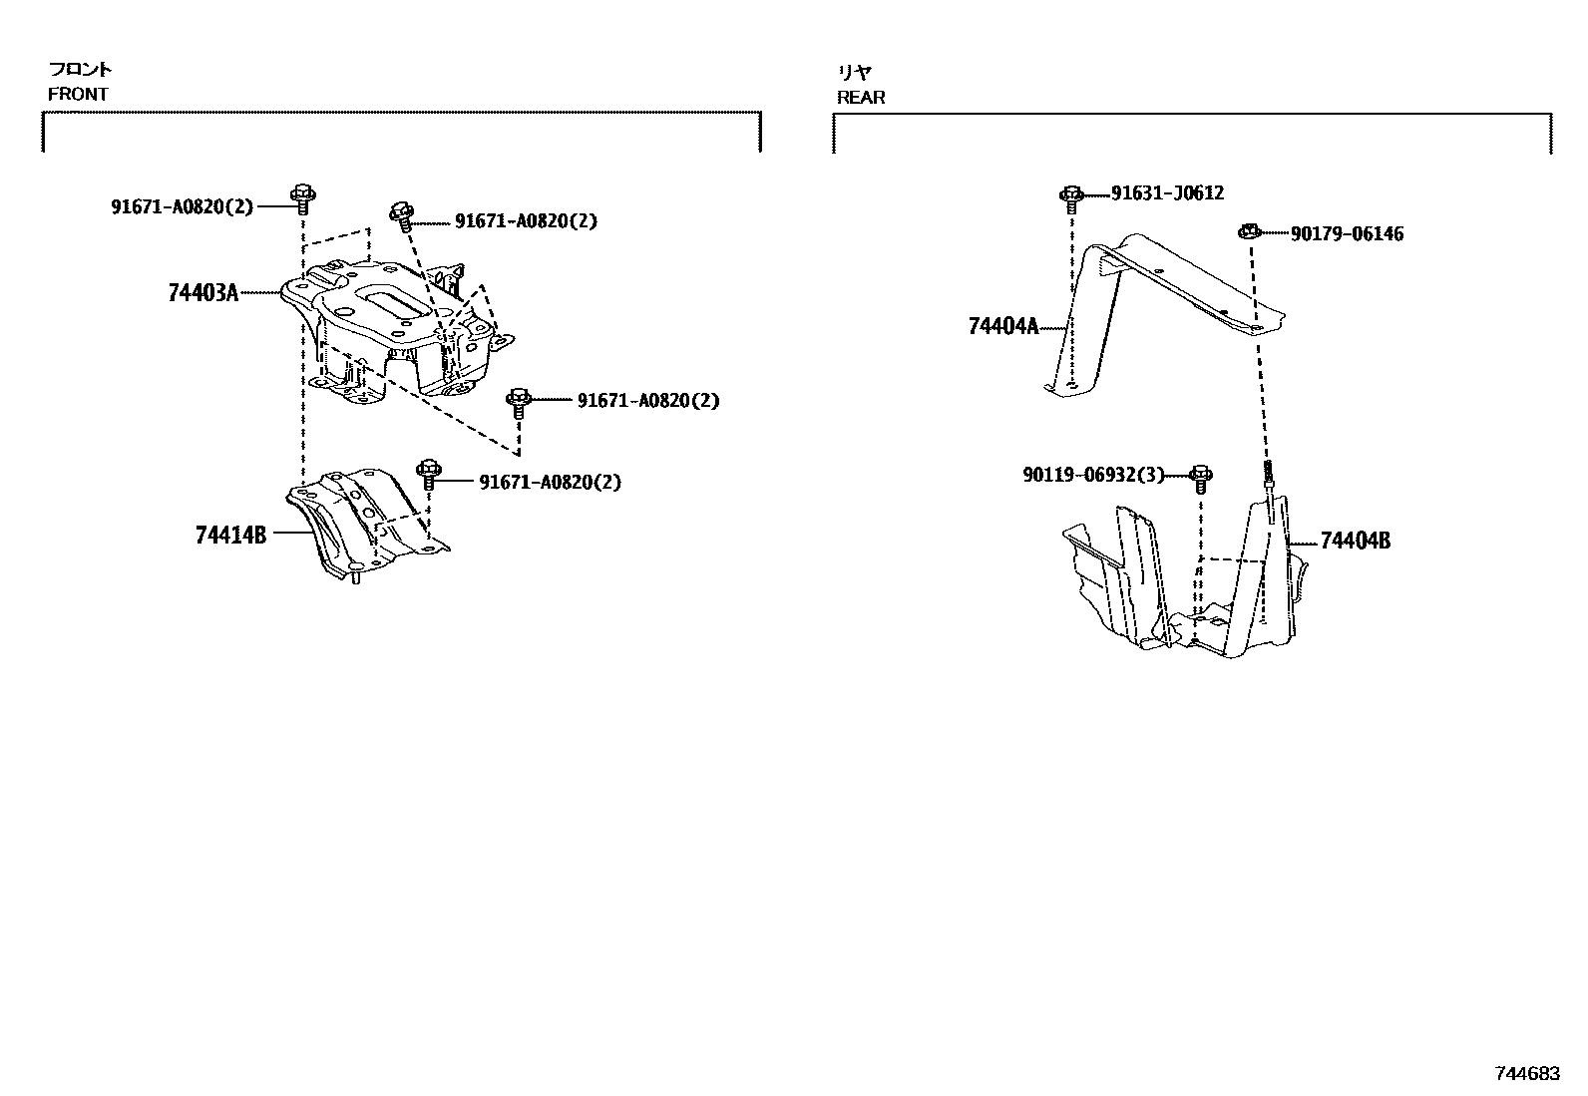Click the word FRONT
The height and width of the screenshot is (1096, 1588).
click(78, 94)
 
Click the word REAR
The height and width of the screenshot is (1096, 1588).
click(861, 98)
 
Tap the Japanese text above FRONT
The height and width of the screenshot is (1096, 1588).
click(80, 70)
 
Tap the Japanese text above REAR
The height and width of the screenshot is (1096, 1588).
click(854, 72)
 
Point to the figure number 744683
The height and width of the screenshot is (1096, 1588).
click(1526, 1074)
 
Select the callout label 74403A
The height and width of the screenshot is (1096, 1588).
click(203, 293)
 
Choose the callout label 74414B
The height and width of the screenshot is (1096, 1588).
click(230, 535)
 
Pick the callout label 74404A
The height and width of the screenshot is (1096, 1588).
click(1003, 326)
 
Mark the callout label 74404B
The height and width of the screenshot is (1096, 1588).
click(1355, 542)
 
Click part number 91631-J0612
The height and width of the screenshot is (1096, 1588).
click(1167, 193)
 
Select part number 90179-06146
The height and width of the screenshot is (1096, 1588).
click(1347, 234)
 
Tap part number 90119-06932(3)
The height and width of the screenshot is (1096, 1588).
click(1093, 476)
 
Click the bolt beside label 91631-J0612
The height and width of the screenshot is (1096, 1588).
click(1070, 197)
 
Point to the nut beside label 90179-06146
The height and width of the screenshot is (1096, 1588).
click(1247, 232)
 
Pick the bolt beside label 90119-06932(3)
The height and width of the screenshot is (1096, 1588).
click(1201, 479)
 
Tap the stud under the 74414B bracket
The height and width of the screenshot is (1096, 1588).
click(356, 576)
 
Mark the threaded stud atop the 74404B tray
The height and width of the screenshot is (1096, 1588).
click(1269, 476)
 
